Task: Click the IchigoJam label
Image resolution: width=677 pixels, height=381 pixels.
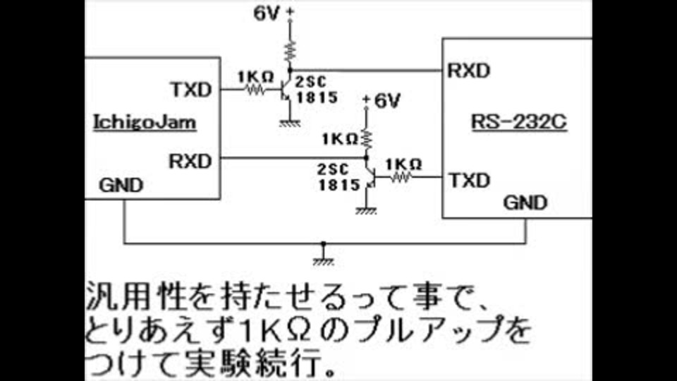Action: pos(145,123)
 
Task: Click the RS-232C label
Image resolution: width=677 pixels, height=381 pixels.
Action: pos(518,123)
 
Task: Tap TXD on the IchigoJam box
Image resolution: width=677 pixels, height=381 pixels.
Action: pos(190,90)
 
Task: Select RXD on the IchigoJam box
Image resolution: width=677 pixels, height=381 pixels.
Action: pos(190,160)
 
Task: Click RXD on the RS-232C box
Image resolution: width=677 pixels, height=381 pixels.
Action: pos(469,71)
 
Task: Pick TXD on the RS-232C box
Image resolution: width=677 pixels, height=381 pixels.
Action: pos(469,180)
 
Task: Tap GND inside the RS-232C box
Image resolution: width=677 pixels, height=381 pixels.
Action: pos(525,203)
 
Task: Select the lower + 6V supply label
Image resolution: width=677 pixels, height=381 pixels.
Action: pos(381,101)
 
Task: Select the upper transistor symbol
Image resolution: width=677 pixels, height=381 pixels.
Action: pos(286,87)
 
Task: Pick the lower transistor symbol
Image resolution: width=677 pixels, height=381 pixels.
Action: pos(370,176)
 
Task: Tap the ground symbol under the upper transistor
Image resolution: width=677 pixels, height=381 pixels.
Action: pos(286,122)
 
